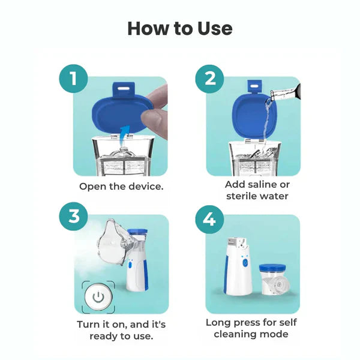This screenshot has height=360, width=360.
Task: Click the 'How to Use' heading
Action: tap(180, 28)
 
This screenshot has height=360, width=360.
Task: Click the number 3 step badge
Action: tap(73, 216)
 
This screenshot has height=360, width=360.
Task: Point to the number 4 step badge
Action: tap(210, 217)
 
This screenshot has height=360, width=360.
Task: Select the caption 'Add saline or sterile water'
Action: tap(257, 190)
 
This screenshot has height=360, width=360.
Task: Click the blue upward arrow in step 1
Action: tap(123, 132)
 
